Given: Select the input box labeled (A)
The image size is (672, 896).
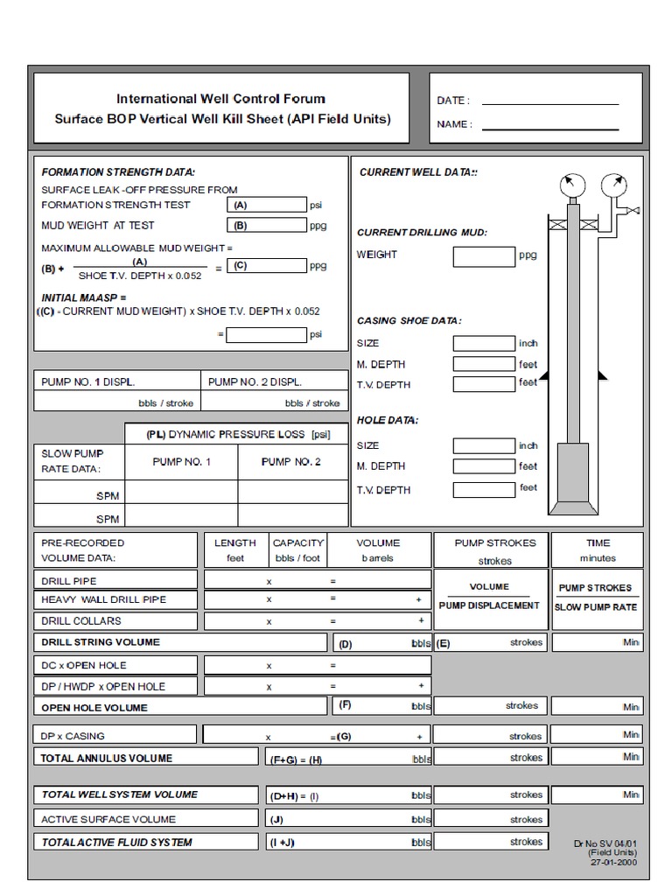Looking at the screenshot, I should point(267,205).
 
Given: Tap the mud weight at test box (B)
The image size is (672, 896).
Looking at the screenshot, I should point(267,225).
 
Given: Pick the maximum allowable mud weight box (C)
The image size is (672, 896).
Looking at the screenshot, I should point(267,266).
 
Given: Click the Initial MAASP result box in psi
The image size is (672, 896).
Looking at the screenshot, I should point(267,334).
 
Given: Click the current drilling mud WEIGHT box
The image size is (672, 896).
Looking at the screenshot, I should point(484,255).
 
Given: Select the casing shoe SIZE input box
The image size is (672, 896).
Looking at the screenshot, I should point(484,344).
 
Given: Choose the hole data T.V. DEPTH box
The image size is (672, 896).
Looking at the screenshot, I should point(484,489).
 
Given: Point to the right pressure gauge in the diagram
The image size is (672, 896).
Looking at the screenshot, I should point(617,185).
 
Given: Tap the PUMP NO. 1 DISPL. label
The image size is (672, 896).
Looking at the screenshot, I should point(88,381).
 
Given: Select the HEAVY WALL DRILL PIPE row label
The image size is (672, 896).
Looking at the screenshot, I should point(103,599).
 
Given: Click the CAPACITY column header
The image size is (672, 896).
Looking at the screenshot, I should point(298,543).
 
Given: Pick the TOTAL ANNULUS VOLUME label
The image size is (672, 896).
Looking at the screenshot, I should point(107,758).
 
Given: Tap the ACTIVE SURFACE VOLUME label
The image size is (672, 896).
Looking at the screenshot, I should point(108,819).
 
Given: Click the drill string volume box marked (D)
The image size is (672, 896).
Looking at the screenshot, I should point(381,643).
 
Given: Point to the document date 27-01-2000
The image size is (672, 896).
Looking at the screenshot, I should point(614,862).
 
